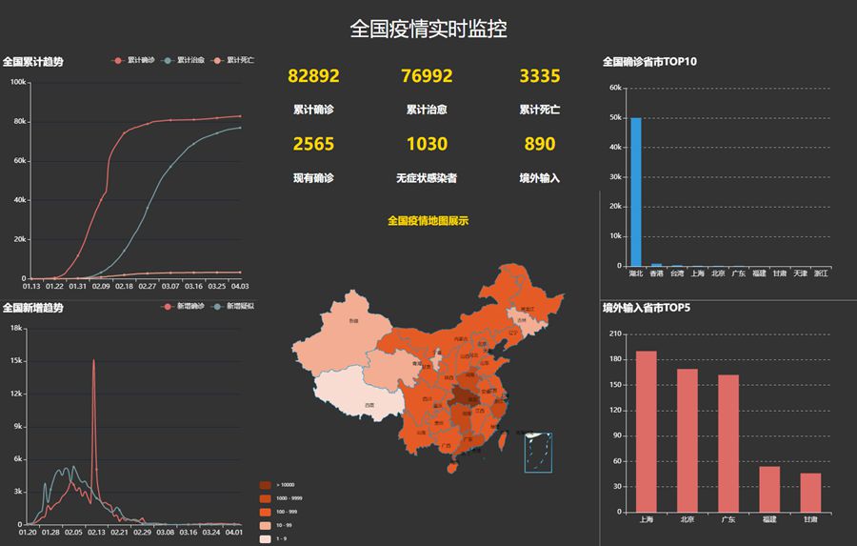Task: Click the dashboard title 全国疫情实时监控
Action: [428, 29]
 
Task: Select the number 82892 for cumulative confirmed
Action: [313, 76]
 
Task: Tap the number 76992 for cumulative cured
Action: [427, 76]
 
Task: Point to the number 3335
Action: [540, 76]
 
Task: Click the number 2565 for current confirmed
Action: [313, 144]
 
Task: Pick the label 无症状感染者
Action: [427, 178]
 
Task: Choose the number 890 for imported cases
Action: [540, 144]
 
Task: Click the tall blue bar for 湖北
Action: [636, 192]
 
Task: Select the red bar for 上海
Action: [647, 432]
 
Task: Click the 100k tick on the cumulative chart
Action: [18, 82]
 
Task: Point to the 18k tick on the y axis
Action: [16, 328]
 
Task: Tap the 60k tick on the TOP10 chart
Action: [615, 89]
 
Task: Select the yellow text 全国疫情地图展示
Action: [428, 221]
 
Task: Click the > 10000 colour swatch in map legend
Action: [265, 485]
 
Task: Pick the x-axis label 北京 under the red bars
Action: [688, 520]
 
